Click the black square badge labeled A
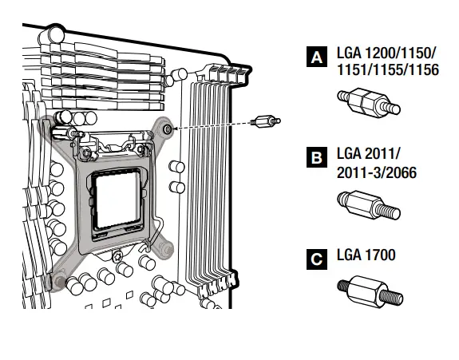point(317,57)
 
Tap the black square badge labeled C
point(317,259)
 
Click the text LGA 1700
point(366,255)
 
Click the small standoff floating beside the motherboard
point(265,122)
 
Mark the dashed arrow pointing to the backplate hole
point(212,125)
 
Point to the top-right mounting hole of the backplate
point(166,128)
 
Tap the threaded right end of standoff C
point(390,297)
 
